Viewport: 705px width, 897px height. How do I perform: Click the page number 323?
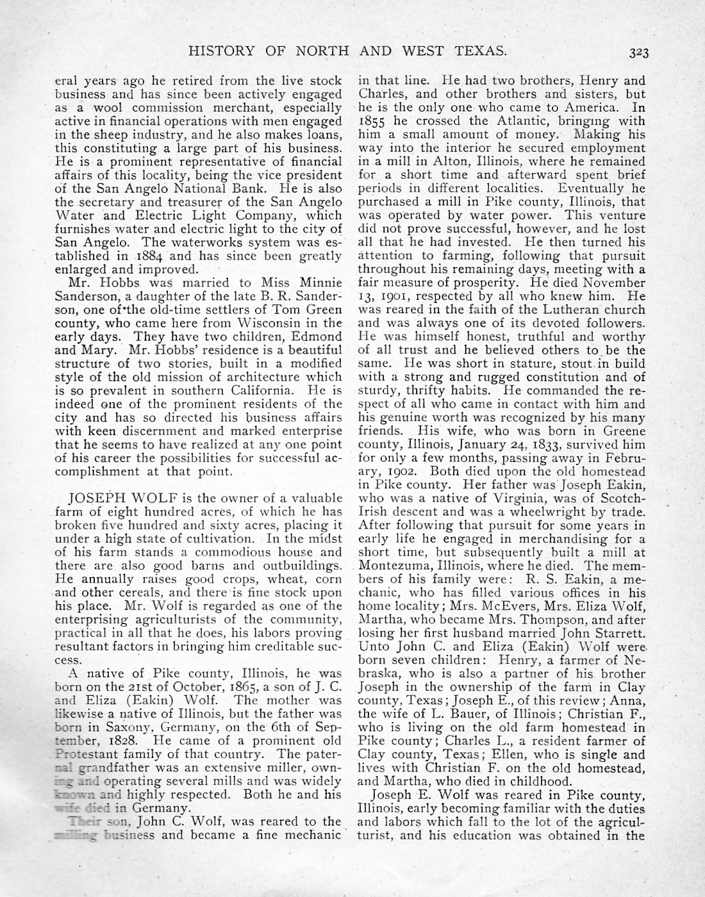point(638,53)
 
